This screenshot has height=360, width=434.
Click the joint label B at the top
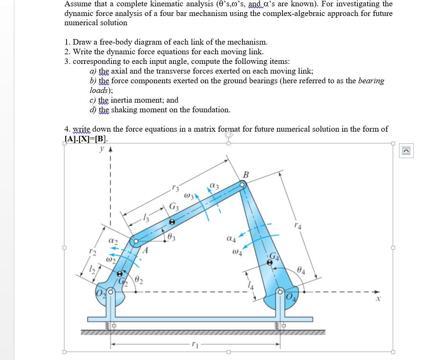coord(246,174)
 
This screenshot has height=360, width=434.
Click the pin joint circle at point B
coord(242,184)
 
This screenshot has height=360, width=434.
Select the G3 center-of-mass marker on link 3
coord(171,222)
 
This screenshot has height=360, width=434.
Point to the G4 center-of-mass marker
coord(270,262)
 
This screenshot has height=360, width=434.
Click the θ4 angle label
coord(301,270)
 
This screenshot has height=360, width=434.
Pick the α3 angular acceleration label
coord(214,185)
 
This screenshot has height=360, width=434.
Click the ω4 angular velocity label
coord(237,253)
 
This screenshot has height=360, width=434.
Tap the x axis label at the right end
coord(378,299)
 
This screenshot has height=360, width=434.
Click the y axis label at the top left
coord(102,148)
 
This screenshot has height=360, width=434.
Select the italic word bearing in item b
coord(371,81)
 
